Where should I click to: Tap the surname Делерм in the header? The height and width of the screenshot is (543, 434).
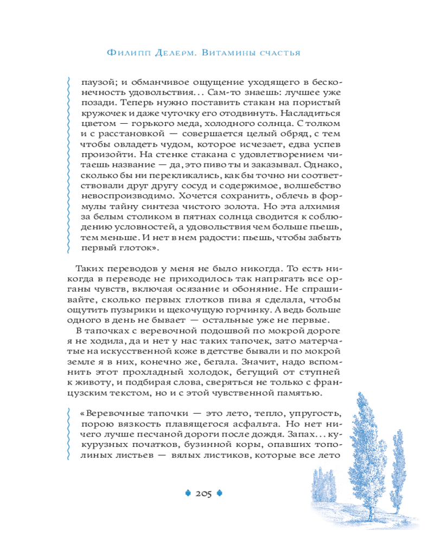coord(168,53)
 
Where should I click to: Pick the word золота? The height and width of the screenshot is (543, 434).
coord(234,206)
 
